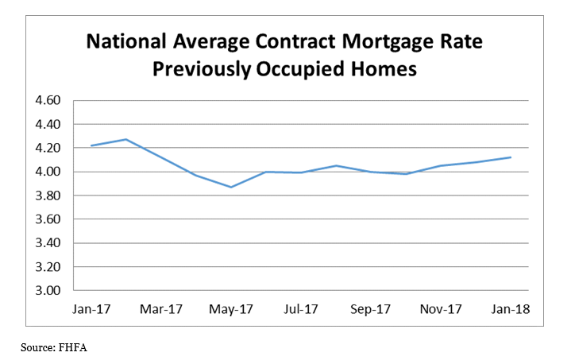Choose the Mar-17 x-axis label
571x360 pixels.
click(x=160, y=308)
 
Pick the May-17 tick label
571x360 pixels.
click(x=231, y=308)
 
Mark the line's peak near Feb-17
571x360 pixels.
click(x=125, y=139)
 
